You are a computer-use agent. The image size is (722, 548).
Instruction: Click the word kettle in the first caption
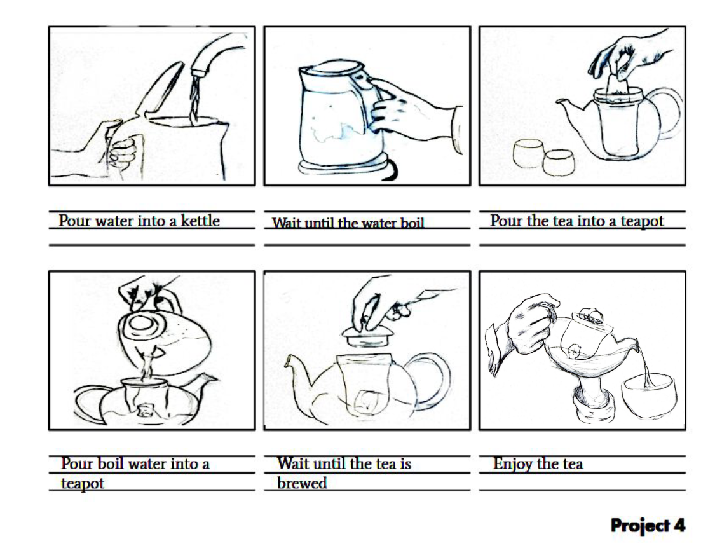click(200, 221)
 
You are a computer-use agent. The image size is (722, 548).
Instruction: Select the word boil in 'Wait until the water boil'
click(412, 223)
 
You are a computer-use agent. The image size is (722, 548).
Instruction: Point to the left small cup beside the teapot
click(529, 153)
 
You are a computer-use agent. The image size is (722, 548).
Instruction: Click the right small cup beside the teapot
click(559, 162)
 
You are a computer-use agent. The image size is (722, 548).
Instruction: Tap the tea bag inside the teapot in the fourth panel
click(146, 409)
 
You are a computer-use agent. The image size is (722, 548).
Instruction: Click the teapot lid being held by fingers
click(367, 338)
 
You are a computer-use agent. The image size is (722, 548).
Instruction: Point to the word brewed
click(302, 483)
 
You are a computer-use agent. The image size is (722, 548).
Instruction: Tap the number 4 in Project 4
click(679, 525)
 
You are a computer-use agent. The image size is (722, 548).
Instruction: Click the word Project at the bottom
click(640, 526)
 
